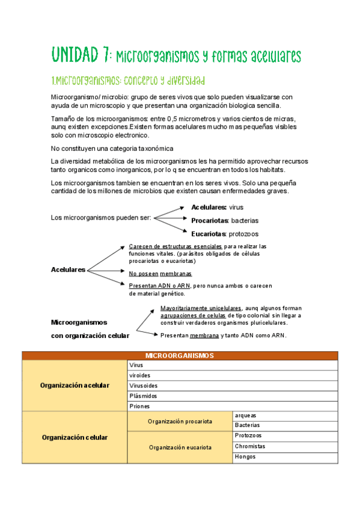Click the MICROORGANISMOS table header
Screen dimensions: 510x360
pos(180,355)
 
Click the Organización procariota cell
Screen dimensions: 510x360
pos(180,421)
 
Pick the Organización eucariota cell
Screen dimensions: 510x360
pos(180,447)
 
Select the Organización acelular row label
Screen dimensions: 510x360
pos(75,386)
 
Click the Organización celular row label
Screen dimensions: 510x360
pos(75,437)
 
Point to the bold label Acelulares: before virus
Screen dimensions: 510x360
pos(209,207)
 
